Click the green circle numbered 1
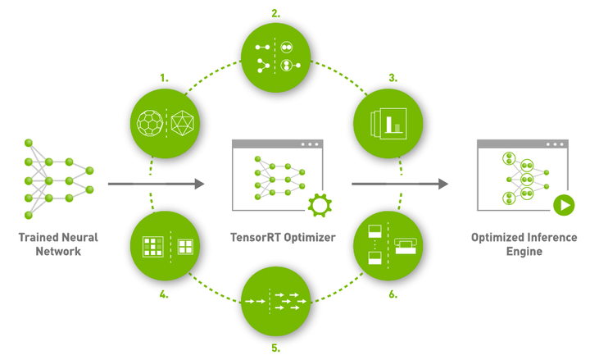[166, 123]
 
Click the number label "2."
[275, 13]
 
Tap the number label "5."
[275, 349]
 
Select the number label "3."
[393, 79]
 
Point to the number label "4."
[165, 293]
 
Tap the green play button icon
[563, 204]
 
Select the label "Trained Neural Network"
[57, 244]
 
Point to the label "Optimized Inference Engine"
[519, 244]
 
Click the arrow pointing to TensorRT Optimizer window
[156, 185]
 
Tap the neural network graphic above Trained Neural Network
[57, 178]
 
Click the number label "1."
[165, 79]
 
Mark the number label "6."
[393, 293]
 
